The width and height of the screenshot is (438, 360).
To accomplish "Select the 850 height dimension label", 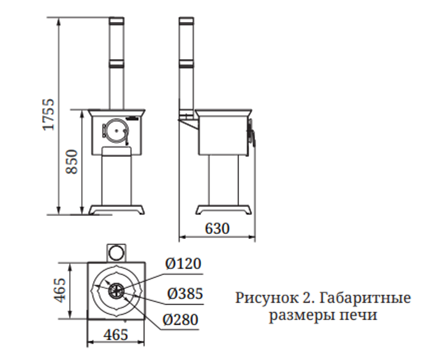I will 72,162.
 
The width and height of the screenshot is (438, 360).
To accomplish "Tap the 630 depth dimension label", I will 217,228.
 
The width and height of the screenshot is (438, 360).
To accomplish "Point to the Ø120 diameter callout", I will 183,264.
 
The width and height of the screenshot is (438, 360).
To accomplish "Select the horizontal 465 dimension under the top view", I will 116,334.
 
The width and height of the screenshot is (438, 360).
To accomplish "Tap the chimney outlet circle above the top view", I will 116,253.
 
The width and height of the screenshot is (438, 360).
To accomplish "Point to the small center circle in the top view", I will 117,290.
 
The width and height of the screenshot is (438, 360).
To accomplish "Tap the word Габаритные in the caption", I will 365,298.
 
